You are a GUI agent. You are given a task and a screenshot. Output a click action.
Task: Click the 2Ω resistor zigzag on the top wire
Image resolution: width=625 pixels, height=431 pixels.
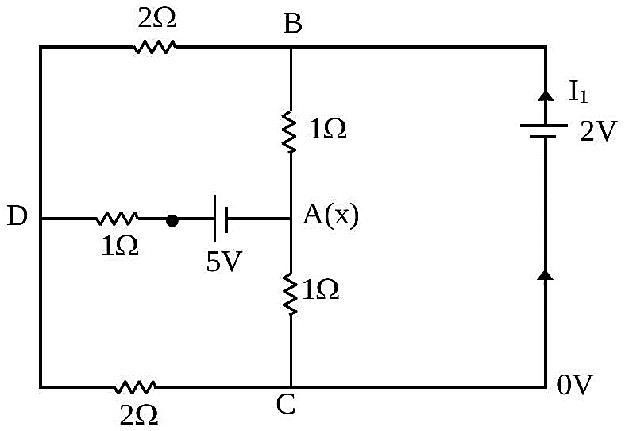pos(154,47)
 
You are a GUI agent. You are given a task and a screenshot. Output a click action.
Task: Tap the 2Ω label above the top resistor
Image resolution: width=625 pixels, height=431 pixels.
pos(156,18)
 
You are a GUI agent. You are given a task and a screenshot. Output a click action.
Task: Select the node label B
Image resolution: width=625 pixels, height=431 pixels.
pos(292,24)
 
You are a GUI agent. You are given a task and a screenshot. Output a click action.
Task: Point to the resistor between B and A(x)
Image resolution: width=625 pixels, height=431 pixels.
pos(290,132)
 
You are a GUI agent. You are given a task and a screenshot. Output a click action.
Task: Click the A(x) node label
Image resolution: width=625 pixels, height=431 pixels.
pos(330,216)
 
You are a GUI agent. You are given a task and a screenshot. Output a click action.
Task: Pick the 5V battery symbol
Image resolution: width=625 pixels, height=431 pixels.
pos(221,219)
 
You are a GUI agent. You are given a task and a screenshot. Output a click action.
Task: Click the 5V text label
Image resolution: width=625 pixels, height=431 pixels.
pos(224,262)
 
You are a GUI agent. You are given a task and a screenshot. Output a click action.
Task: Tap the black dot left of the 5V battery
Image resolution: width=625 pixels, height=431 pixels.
pos(172,221)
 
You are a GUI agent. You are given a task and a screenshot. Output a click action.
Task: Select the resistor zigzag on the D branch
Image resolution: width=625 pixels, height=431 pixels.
pos(117,219)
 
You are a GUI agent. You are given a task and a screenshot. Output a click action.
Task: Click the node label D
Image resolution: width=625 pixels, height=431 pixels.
pos(17,217)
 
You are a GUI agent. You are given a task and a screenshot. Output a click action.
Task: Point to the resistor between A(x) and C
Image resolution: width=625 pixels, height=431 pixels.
pos(290,293)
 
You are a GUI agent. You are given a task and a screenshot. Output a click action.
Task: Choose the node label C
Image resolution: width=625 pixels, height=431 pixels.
pos(285,404)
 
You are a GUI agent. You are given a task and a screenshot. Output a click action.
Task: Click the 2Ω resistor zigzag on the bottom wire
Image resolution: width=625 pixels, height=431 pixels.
pos(134,387)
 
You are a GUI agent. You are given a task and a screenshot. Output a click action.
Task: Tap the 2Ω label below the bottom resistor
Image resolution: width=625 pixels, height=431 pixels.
pos(139,415)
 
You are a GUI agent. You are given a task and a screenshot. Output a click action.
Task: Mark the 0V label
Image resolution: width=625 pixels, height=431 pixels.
pos(575,385)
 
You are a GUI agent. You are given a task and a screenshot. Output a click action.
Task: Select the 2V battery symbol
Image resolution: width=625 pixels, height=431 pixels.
pos(544,131)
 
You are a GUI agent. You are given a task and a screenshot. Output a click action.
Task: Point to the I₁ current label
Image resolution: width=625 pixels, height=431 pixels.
pos(578,93)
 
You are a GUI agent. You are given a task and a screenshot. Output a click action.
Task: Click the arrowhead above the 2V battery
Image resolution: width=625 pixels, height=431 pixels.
pos(546,95)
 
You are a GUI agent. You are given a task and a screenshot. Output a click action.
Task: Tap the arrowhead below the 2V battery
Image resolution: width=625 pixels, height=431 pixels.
pos(546,275)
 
